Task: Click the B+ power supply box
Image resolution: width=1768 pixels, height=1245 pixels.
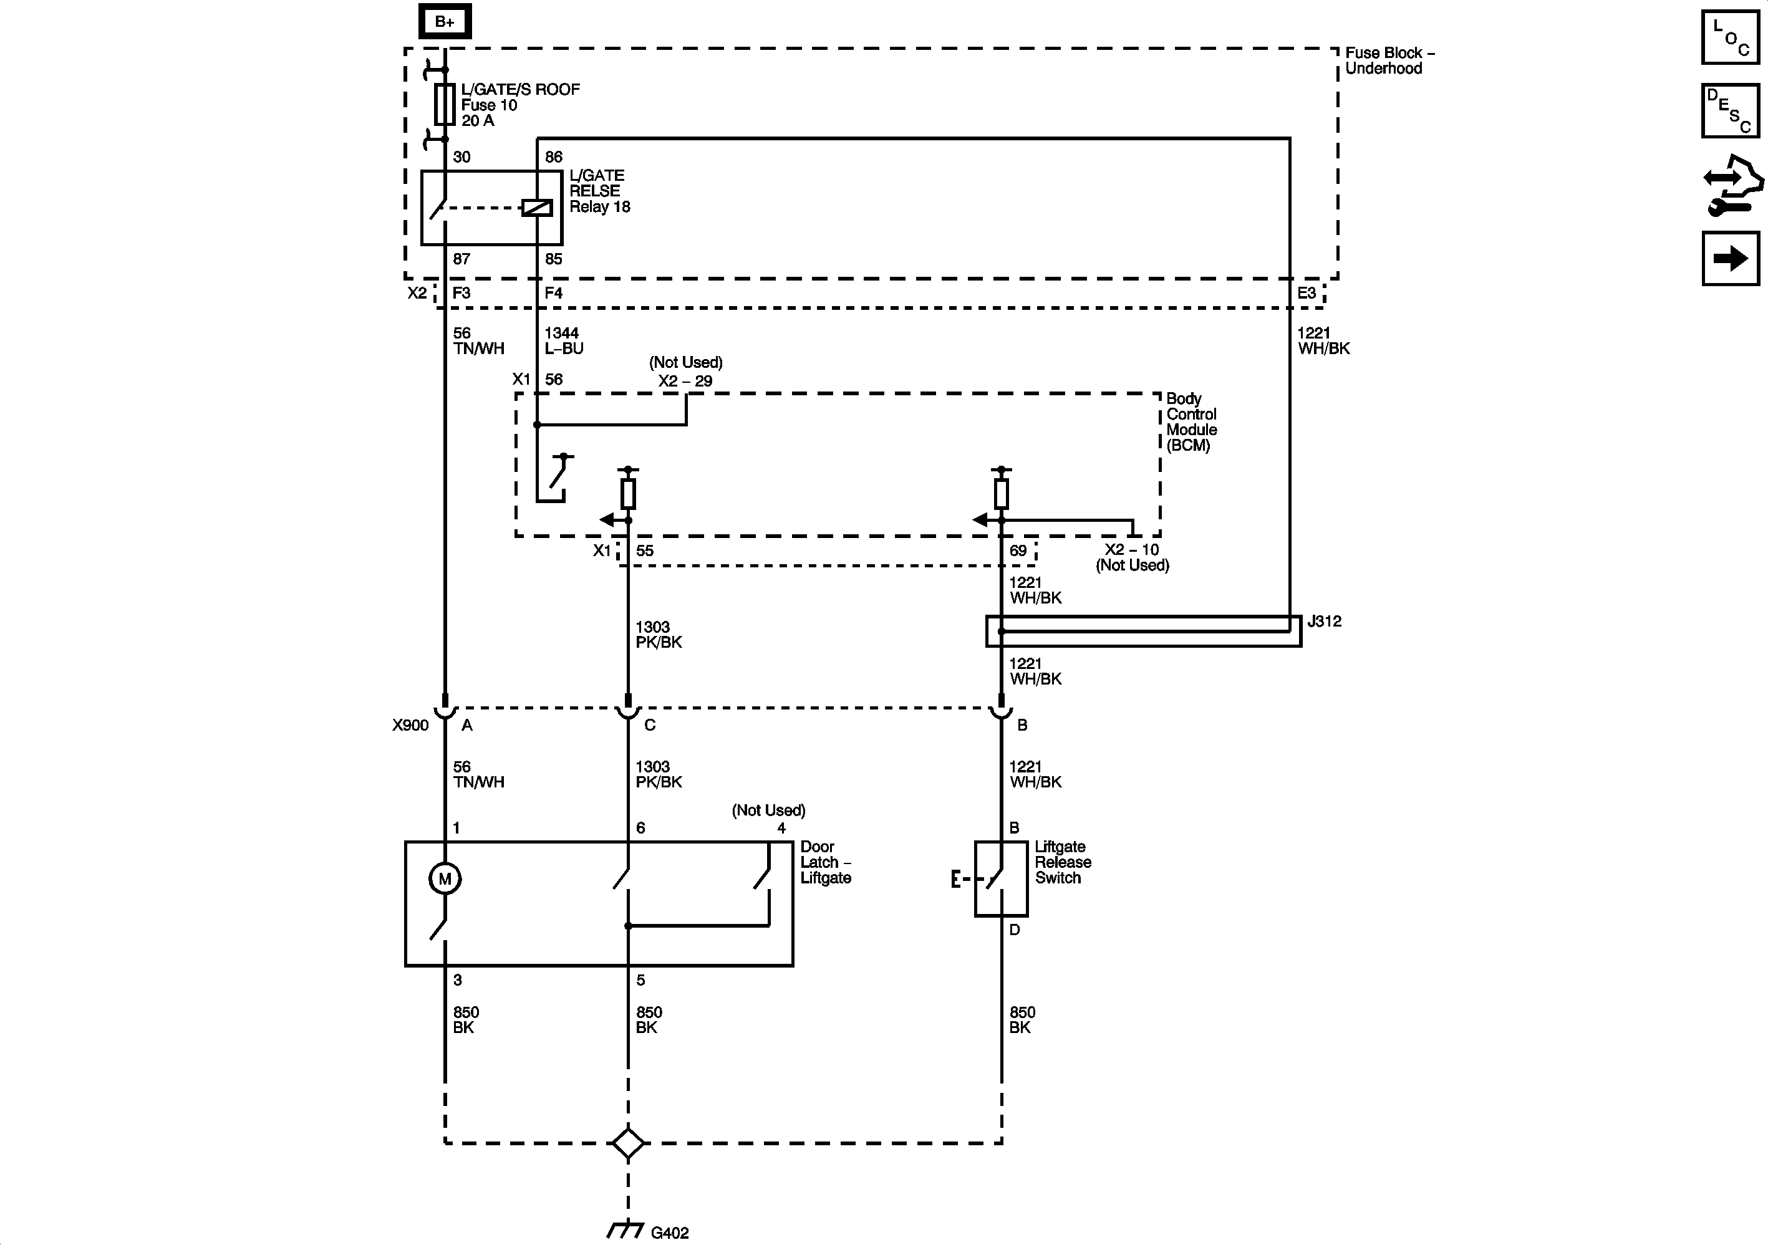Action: [x=444, y=22]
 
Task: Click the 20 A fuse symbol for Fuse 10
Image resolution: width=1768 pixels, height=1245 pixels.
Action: [x=444, y=105]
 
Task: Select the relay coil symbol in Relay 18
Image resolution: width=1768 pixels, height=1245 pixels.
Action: [x=537, y=208]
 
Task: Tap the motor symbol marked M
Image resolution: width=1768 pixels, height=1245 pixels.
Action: [x=444, y=878]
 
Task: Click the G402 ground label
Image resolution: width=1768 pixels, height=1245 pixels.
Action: [x=669, y=1233]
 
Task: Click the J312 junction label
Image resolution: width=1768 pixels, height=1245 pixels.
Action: [x=1324, y=622]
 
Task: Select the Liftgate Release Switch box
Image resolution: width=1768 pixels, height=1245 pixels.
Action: [x=1001, y=878]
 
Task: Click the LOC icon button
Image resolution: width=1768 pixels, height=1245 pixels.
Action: [x=1730, y=37]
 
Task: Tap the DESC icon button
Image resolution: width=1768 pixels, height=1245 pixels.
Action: [x=1730, y=111]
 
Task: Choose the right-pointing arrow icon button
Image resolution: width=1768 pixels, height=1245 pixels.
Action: [x=1730, y=259]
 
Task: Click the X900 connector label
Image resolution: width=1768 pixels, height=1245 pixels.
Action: [x=410, y=725]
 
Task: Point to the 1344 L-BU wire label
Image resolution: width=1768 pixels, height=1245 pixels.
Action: [x=564, y=341]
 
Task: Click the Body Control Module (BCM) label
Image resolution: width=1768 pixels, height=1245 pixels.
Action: [x=1191, y=422]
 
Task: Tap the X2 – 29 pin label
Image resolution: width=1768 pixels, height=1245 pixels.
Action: [x=685, y=381]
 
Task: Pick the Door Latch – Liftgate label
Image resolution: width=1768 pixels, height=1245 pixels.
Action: [x=826, y=862]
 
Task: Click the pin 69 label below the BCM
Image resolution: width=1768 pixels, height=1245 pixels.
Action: [x=1018, y=550]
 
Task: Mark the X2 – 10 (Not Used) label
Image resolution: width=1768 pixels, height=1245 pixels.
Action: [x=1132, y=557]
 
